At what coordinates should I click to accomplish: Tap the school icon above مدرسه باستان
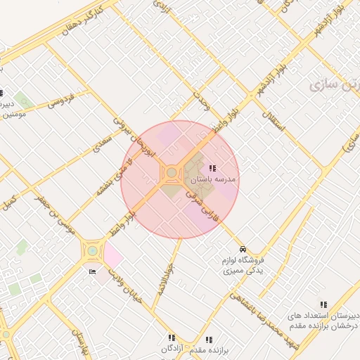212,168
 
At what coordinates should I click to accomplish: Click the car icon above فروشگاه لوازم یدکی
243,250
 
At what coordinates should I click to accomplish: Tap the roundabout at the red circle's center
172,172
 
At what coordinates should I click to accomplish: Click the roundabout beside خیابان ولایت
92,250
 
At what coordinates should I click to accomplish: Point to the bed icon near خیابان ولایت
92,271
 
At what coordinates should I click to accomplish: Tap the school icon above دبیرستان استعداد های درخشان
323,304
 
